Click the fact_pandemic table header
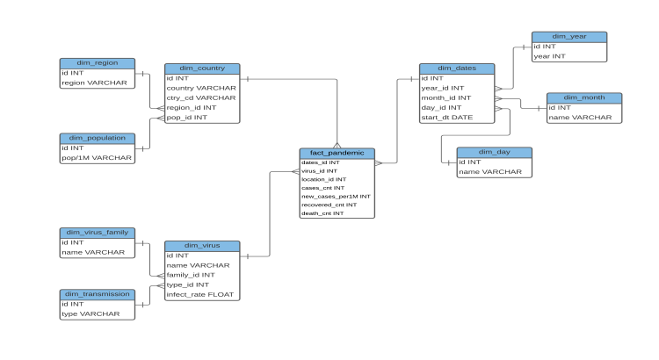(x=337, y=154)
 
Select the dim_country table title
(x=201, y=68)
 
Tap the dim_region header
(x=97, y=63)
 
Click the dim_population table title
(x=97, y=138)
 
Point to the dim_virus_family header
(x=97, y=233)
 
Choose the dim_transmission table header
(x=97, y=294)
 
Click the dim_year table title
(x=568, y=36)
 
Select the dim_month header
(x=583, y=97)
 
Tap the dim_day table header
(x=494, y=152)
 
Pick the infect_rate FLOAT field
(x=199, y=294)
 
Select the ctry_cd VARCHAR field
(x=201, y=97)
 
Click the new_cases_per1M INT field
(x=336, y=196)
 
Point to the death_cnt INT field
(x=322, y=212)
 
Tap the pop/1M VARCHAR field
(x=97, y=158)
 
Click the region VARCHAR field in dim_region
(x=94, y=83)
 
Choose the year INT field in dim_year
(x=550, y=55)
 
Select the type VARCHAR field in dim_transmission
(x=89, y=313)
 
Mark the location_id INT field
(x=323, y=179)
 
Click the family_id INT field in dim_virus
(x=191, y=275)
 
